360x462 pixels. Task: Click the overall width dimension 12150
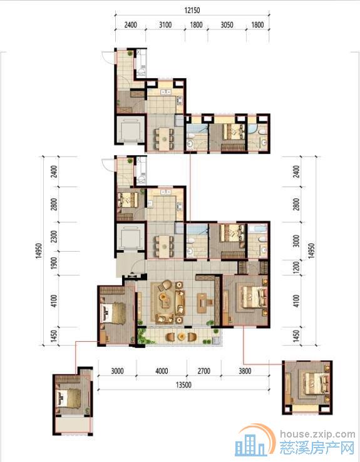(192, 10)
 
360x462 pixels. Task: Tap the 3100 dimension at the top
(165, 25)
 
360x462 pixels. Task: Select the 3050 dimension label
(227, 25)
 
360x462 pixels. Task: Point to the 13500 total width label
(183, 385)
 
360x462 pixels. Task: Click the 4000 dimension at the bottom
(162, 371)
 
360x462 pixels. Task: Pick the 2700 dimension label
(204, 371)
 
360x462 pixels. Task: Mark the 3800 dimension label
(245, 371)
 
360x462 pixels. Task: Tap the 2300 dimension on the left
(54, 236)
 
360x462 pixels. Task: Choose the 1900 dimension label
(54, 263)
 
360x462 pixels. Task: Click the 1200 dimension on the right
(296, 267)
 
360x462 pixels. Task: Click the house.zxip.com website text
(317, 434)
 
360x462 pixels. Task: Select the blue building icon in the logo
(250, 444)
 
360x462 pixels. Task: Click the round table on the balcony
(180, 336)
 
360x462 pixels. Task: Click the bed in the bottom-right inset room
(315, 384)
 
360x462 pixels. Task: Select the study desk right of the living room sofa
(203, 302)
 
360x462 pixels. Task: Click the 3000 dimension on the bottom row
(117, 371)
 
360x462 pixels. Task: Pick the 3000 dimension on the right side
(296, 241)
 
